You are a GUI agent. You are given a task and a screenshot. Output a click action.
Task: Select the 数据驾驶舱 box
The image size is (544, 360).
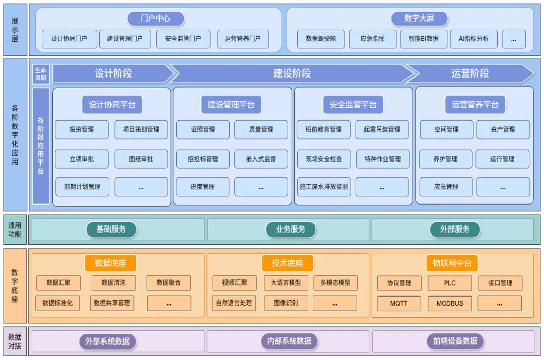click(x=321, y=39)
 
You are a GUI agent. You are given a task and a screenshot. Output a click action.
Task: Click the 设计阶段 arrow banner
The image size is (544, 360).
click(x=113, y=74)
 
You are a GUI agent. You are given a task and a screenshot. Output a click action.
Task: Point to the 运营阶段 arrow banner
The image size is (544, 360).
click(x=470, y=74)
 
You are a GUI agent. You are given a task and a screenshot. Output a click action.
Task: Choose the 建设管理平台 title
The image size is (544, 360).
click(x=231, y=105)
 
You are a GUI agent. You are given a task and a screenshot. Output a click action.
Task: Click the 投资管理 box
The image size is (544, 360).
click(x=82, y=129)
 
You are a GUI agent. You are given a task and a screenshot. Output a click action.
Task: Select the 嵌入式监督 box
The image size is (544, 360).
click(x=261, y=159)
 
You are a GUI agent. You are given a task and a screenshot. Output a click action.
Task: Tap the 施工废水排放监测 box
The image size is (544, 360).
click(x=323, y=187)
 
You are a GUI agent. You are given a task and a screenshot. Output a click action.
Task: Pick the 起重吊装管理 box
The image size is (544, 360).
click(x=382, y=129)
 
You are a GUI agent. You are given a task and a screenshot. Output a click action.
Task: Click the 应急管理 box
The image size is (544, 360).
click(x=446, y=187)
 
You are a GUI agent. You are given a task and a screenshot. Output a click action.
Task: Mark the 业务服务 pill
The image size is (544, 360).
click(x=291, y=230)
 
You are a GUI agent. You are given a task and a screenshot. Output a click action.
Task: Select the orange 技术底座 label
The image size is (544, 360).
click(x=288, y=263)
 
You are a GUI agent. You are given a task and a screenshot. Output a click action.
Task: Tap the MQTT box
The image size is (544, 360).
click(x=399, y=304)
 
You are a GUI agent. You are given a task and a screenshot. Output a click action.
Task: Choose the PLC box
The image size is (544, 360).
click(x=450, y=283)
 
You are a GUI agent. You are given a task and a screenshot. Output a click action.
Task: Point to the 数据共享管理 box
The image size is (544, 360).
click(x=112, y=303)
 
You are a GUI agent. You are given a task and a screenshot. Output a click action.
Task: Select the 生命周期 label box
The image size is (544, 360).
click(x=40, y=74)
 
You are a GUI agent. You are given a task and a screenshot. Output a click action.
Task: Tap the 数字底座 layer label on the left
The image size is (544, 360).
click(x=15, y=286)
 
